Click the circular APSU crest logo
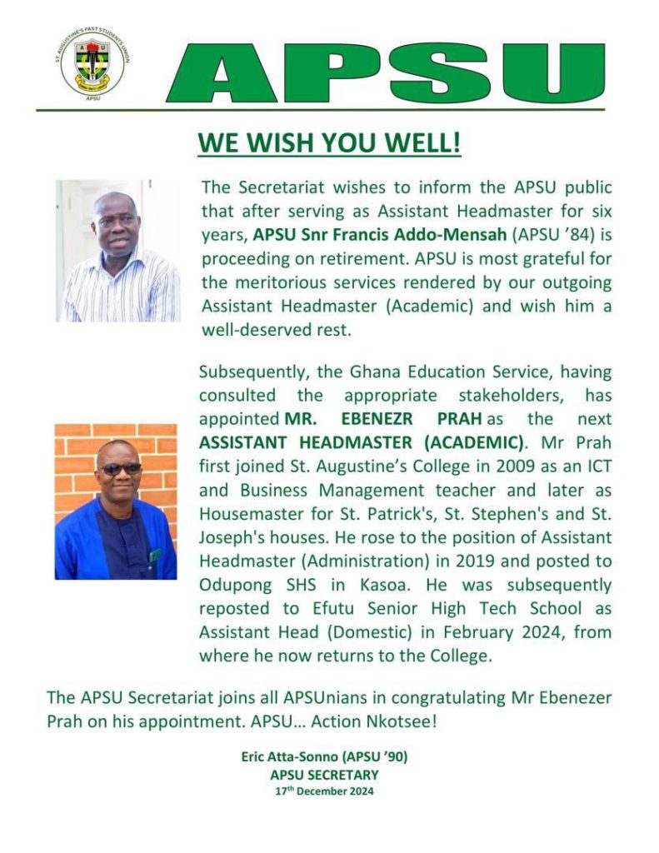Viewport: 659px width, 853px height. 92,65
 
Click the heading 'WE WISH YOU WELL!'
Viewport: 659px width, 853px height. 329,142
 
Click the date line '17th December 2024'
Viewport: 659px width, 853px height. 324,791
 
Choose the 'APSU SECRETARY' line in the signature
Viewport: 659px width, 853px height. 324,775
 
